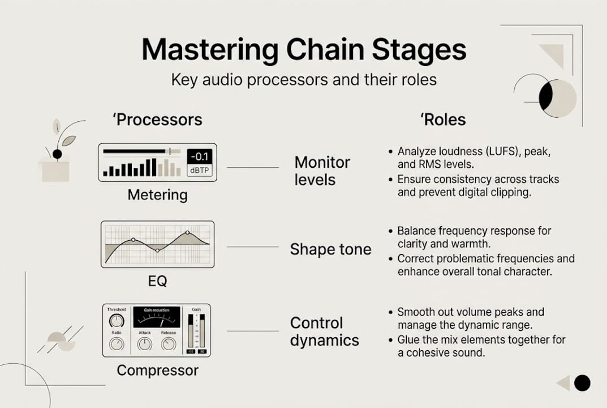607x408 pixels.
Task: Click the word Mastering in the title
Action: click(x=210, y=50)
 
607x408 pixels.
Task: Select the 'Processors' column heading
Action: click(x=159, y=120)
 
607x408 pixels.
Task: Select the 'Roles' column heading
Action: click(x=442, y=120)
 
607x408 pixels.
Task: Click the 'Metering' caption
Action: click(x=157, y=195)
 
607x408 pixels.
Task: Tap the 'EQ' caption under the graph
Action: click(x=157, y=280)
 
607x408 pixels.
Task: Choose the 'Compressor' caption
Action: click(x=157, y=371)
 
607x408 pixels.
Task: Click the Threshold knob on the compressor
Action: click(x=117, y=321)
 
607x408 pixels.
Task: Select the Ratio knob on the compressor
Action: click(x=117, y=343)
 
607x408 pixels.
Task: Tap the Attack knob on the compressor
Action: click(x=145, y=343)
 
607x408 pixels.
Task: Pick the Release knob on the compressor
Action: click(x=168, y=343)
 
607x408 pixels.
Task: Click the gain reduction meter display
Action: click(x=156, y=317)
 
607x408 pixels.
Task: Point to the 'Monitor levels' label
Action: click(x=322, y=171)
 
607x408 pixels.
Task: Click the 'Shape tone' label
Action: click(x=330, y=249)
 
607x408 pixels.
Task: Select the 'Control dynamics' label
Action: click(x=324, y=331)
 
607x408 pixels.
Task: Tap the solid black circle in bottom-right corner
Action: click(x=582, y=383)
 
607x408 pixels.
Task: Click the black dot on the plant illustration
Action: click(x=57, y=154)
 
